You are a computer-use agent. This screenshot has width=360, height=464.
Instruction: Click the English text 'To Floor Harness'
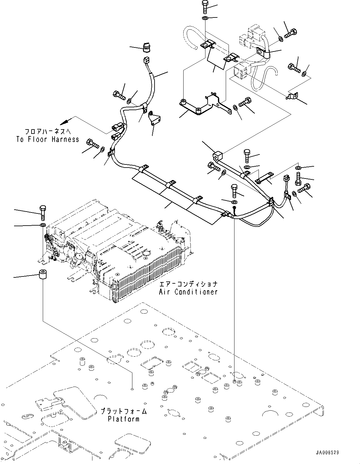pos(48,140)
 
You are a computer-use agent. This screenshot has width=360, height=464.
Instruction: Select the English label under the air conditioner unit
pos(188,292)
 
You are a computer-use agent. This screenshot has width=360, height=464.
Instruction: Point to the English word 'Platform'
pos(124,419)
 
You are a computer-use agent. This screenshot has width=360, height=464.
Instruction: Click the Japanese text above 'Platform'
pos(124,411)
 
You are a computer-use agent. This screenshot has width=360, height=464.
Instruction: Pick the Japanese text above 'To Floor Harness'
pos(48,132)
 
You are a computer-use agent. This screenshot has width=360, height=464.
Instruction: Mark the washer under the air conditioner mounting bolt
pos(43,225)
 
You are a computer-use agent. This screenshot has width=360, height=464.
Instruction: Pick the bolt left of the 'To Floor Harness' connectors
pos(92,144)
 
